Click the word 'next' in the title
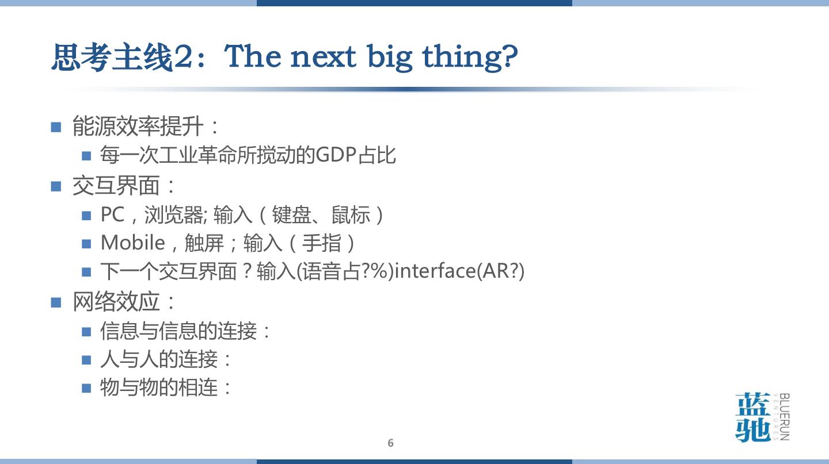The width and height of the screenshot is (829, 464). (x=323, y=57)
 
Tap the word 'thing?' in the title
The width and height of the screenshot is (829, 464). (x=470, y=57)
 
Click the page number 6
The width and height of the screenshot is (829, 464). (x=390, y=443)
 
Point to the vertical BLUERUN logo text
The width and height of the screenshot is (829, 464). (x=784, y=417)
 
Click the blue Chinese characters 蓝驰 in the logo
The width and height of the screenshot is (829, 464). (x=753, y=417)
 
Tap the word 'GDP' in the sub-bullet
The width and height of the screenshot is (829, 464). (x=336, y=155)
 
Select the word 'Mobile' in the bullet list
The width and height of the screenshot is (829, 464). (x=133, y=243)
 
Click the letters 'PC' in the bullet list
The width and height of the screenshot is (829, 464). (x=112, y=214)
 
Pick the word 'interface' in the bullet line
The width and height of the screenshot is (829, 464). (x=435, y=271)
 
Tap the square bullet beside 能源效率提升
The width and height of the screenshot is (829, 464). (x=56, y=127)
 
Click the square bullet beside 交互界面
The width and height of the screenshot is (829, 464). (x=56, y=186)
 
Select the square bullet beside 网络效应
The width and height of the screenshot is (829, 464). (x=56, y=302)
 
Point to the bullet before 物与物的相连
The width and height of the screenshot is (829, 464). (x=86, y=388)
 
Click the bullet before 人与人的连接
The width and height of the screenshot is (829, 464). (x=86, y=360)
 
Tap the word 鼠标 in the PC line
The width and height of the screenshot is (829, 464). (x=351, y=215)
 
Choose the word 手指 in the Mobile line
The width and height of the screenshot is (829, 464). (x=321, y=243)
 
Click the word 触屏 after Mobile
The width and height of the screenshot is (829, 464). (x=204, y=243)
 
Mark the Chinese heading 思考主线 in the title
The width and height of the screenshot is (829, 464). (x=112, y=57)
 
